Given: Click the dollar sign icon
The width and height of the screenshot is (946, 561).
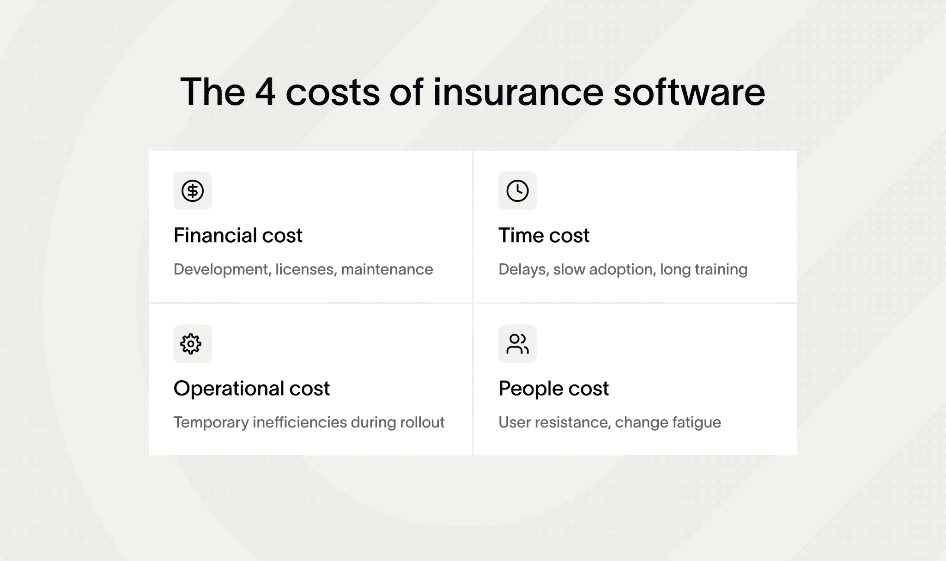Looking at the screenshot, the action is point(193,191).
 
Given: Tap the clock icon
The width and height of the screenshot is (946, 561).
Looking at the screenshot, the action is point(517,191).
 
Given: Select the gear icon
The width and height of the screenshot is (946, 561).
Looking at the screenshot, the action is point(191,344).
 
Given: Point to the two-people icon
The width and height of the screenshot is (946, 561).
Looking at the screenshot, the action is point(517,344).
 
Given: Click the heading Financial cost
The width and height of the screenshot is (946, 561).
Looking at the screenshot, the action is point(238,235).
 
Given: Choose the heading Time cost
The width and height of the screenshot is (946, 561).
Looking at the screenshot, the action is point(544,235).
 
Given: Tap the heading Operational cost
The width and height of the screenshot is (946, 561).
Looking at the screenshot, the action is point(252,389).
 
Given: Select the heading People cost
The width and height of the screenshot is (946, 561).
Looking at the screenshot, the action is point(553,389).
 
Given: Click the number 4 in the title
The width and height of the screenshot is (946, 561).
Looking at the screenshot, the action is point(266,92).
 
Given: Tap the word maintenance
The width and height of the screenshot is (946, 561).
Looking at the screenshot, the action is point(387,269).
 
